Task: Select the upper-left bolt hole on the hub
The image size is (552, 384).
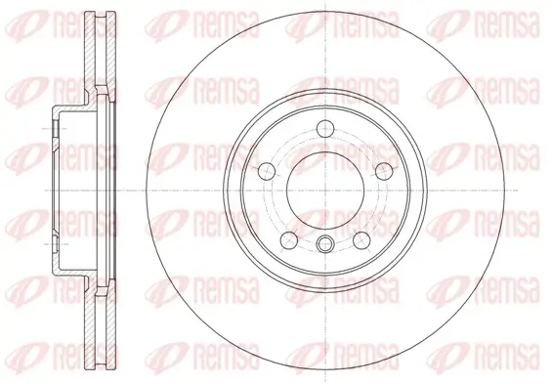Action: pyautogui.click(x=264, y=171)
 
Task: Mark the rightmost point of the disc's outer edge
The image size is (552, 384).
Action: pyautogui.click(x=507, y=190)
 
